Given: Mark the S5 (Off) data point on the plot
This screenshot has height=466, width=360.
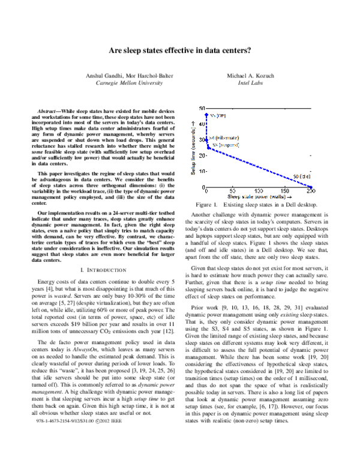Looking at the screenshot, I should (206, 114).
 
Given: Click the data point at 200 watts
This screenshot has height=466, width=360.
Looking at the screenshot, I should (311, 187).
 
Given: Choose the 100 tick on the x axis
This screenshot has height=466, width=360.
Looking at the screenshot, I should (259, 191).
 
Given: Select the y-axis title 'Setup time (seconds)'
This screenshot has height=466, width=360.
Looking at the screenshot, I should (193, 147).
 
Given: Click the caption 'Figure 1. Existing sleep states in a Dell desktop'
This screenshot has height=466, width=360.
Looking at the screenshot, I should (259, 205).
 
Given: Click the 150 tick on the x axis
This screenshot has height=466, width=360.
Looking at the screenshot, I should (285, 191).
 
